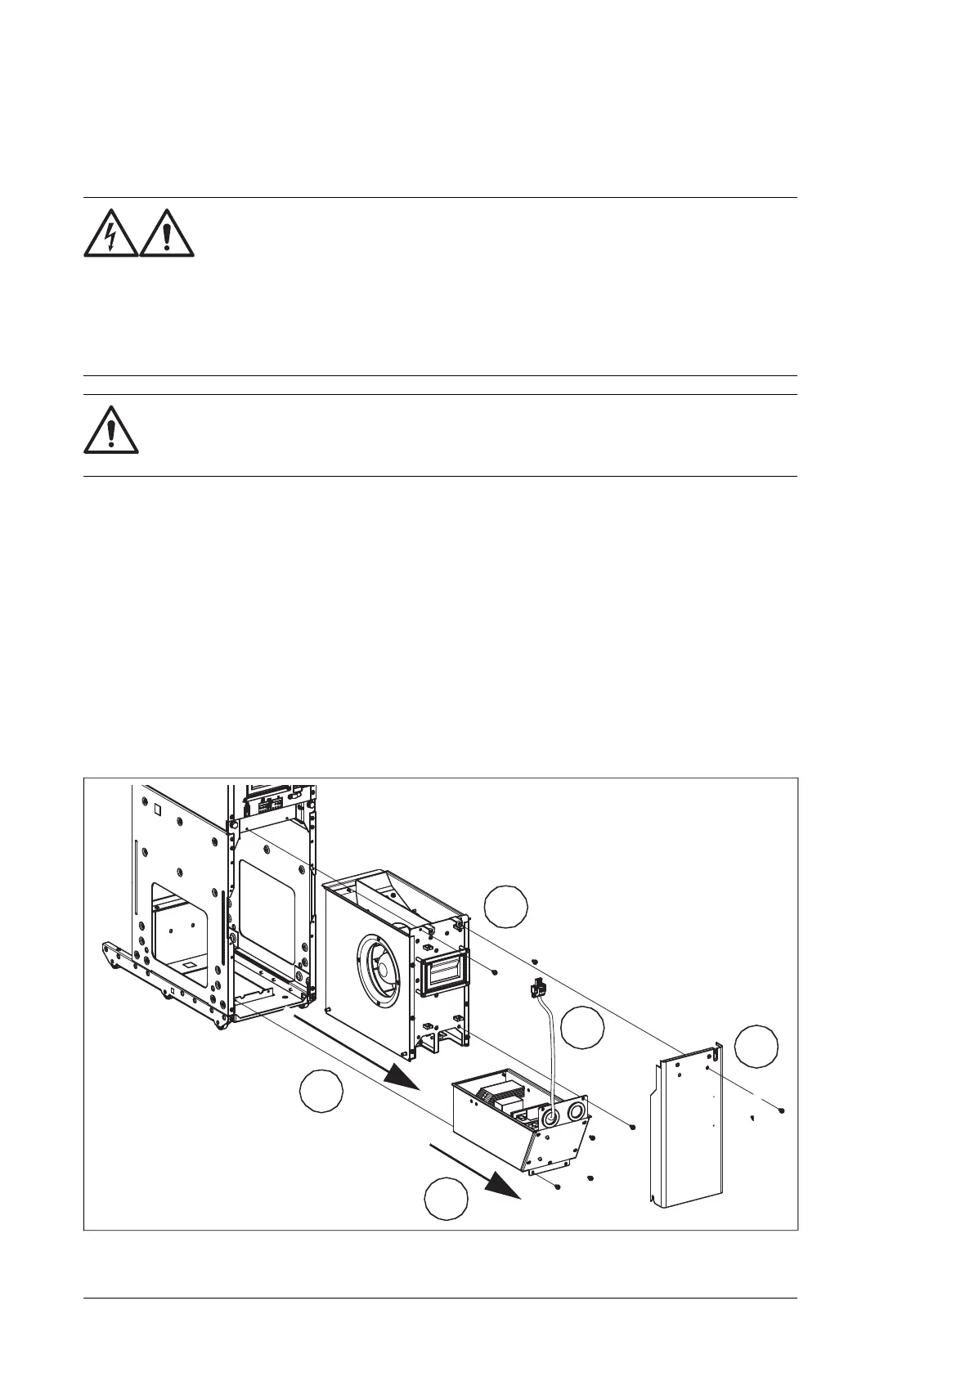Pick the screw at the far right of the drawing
pos(783,1110)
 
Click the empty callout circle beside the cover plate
pos(756,1046)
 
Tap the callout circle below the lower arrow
pos(447,1199)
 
